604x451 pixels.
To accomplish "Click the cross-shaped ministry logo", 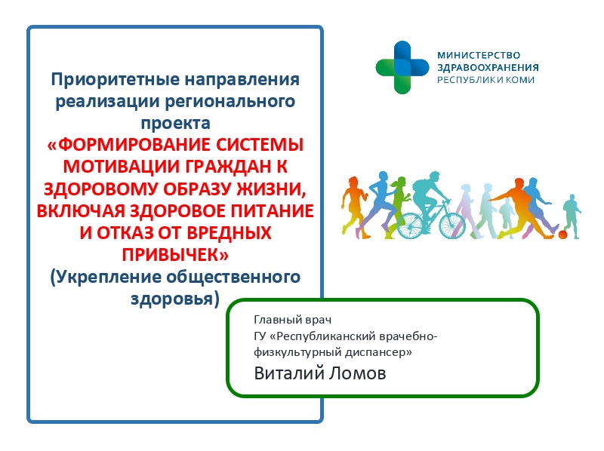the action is click(402, 67).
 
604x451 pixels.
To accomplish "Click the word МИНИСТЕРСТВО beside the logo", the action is click(479, 55).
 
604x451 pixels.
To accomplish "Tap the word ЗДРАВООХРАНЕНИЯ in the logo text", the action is click(488, 67).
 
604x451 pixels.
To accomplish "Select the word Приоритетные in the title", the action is click(116, 80).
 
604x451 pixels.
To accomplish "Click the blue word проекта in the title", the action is click(175, 123).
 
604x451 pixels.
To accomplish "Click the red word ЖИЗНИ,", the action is click(274, 189).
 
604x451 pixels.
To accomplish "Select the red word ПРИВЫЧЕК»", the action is click(175, 255).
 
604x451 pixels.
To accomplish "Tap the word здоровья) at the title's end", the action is click(175, 299).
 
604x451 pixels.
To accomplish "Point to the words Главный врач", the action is click(293, 320).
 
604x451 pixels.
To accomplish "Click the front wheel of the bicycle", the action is click(452, 226).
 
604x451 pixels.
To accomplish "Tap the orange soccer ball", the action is click(562, 235).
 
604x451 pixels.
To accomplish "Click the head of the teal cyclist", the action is click(434, 176).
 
